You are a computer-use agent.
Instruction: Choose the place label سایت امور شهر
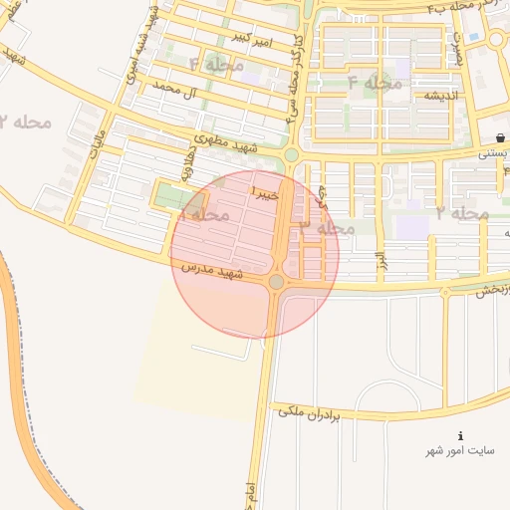pos(460,450)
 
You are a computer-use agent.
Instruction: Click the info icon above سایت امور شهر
pos(460,436)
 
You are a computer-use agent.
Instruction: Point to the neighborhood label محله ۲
pos(25,123)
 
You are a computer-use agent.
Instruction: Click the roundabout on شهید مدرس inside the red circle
pos(276,283)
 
